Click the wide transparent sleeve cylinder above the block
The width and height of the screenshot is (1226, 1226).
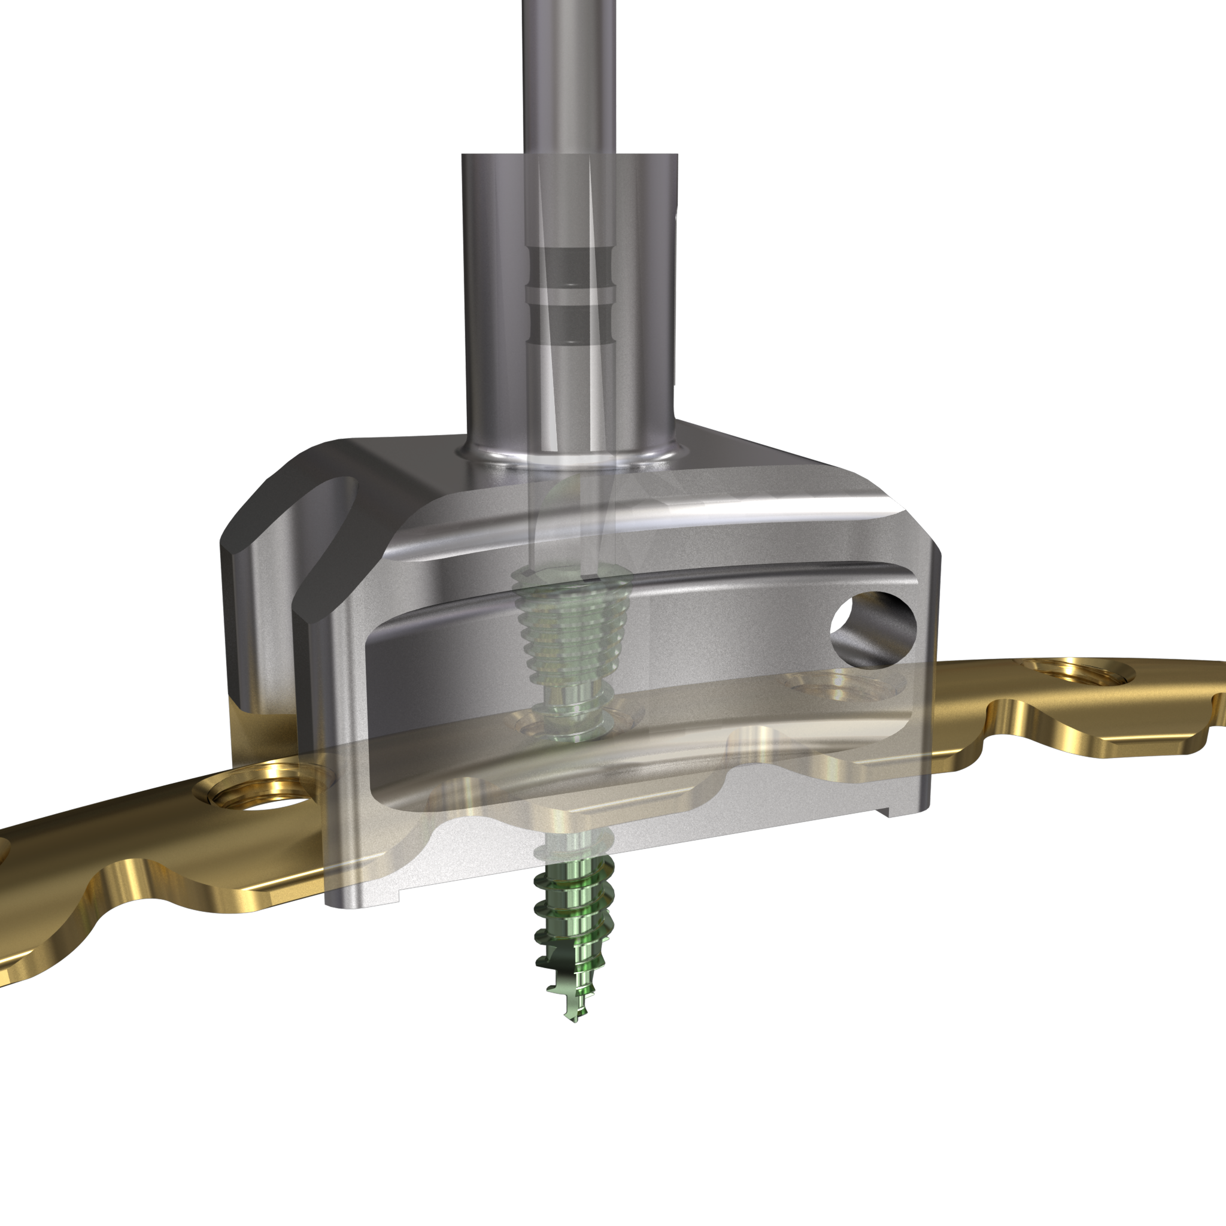pyautogui.click(x=495, y=286)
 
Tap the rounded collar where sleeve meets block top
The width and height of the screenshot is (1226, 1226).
pyautogui.click(x=571, y=456)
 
